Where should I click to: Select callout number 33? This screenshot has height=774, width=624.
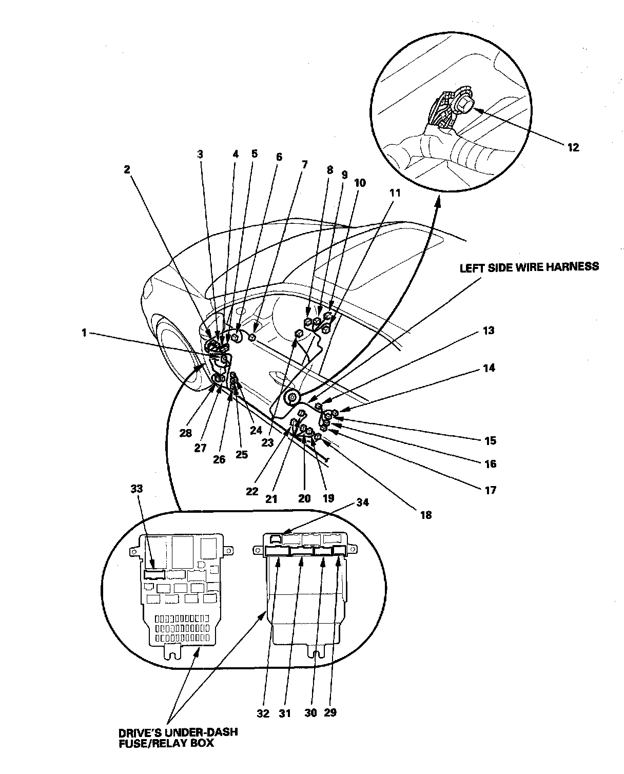136,489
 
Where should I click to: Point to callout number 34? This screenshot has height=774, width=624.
362,502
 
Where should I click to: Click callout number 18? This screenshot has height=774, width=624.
425,515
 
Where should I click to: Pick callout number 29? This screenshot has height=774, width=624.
330,712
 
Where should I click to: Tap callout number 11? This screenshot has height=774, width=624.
395,193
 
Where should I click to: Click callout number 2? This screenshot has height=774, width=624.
127,169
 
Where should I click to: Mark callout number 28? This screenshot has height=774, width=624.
186,433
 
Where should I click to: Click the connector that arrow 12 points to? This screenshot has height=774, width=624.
463,105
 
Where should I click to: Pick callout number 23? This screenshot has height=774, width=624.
268,442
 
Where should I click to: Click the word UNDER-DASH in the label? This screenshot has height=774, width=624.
202,731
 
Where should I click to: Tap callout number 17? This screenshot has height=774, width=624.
491,490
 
